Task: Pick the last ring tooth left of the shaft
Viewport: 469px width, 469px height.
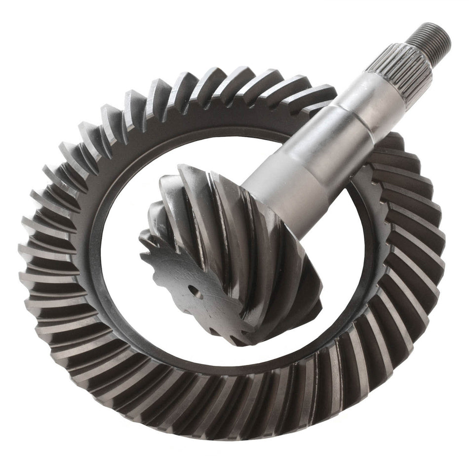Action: coord(316,96)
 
